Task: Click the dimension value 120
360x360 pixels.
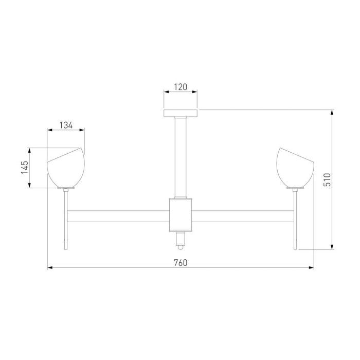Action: pyautogui.click(x=181, y=87)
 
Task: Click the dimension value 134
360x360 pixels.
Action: pyautogui.click(x=66, y=124)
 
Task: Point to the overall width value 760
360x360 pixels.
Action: pyautogui.click(x=181, y=262)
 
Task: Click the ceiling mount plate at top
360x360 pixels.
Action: pyautogui.click(x=181, y=113)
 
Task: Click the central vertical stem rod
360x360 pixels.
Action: pyautogui.click(x=181, y=157)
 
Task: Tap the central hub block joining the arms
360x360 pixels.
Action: pyautogui.click(x=181, y=214)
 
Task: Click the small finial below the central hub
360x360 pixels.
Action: pyautogui.click(x=181, y=240)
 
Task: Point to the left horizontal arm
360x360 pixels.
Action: pyautogui.click(x=118, y=216)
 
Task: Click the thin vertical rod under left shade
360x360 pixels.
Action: pyautogui.click(x=65, y=219)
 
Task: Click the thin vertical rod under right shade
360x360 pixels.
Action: pyautogui.click(x=295, y=219)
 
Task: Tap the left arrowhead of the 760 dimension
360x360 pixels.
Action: pyautogui.click(x=50, y=268)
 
